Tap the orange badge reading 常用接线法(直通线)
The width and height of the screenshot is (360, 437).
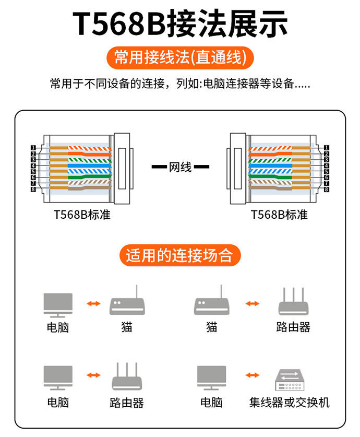click(x=179, y=57)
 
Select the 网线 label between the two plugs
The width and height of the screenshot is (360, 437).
click(x=181, y=167)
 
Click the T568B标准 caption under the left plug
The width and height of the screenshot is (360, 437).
click(x=82, y=215)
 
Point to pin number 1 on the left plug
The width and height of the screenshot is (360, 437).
click(x=33, y=148)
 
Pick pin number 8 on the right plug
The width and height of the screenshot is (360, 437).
click(x=326, y=189)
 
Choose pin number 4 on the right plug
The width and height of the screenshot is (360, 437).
click(x=326, y=166)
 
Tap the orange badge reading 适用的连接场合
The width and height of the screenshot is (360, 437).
click(x=179, y=256)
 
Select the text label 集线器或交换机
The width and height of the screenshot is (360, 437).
click(x=289, y=403)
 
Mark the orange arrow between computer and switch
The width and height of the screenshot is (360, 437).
click(x=252, y=375)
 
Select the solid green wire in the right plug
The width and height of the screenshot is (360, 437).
click(x=269, y=178)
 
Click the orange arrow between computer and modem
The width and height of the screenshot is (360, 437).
click(x=93, y=303)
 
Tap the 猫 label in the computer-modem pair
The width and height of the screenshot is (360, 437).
click(x=126, y=327)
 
